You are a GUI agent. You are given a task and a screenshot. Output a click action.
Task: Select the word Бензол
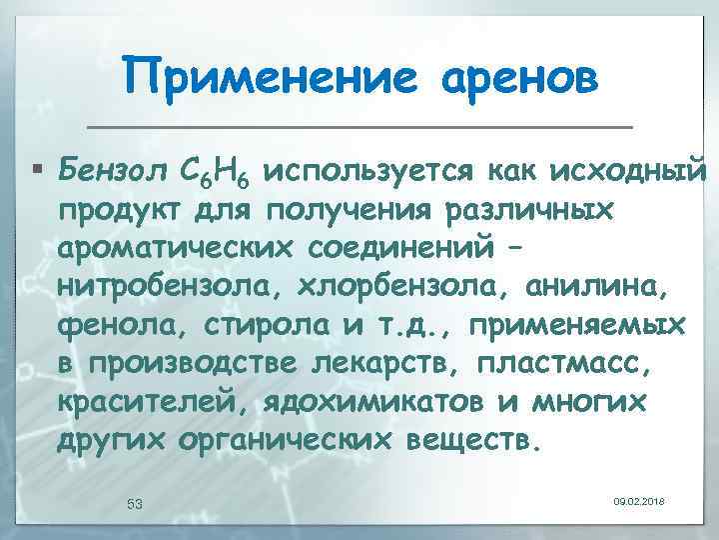click(x=104, y=171)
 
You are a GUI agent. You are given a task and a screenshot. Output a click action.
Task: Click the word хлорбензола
click(x=393, y=287)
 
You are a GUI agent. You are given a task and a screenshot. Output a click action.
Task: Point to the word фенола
click(x=107, y=325)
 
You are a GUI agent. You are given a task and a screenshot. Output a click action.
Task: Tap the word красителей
click(x=143, y=401)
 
